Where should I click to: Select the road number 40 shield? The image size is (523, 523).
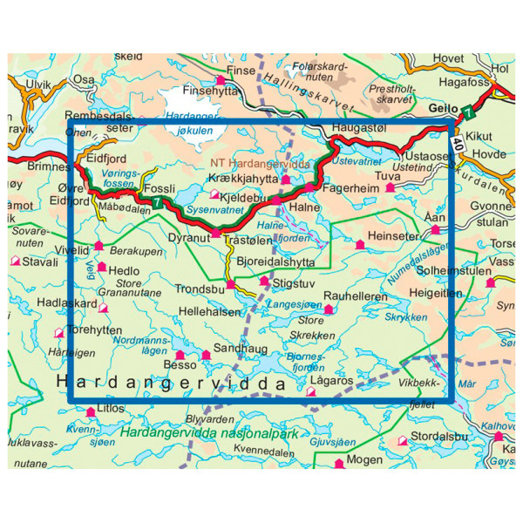coord(458,142)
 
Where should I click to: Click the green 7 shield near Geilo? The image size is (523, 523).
coord(469,112)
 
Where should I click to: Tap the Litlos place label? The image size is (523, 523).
coord(112,408)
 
